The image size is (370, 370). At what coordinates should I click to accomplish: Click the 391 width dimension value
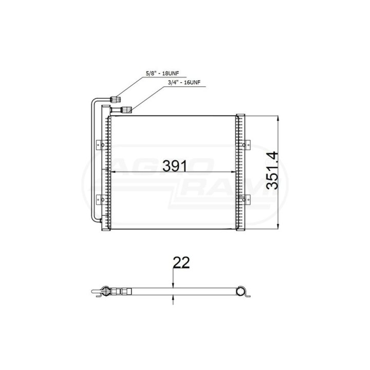(x=174, y=166)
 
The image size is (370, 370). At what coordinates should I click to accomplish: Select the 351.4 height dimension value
(x=272, y=171)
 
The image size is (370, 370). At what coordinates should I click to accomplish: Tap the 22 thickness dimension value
(x=181, y=263)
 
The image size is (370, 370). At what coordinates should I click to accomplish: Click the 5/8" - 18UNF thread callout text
(x=162, y=73)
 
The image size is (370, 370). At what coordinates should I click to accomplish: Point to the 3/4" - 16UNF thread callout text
(x=184, y=83)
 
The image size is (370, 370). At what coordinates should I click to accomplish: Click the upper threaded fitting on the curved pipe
(x=116, y=99)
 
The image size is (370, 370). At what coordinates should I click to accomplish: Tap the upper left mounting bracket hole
(x=103, y=145)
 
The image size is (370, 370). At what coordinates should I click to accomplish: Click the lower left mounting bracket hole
(x=103, y=199)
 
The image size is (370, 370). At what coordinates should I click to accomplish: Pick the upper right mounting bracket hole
(x=244, y=145)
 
